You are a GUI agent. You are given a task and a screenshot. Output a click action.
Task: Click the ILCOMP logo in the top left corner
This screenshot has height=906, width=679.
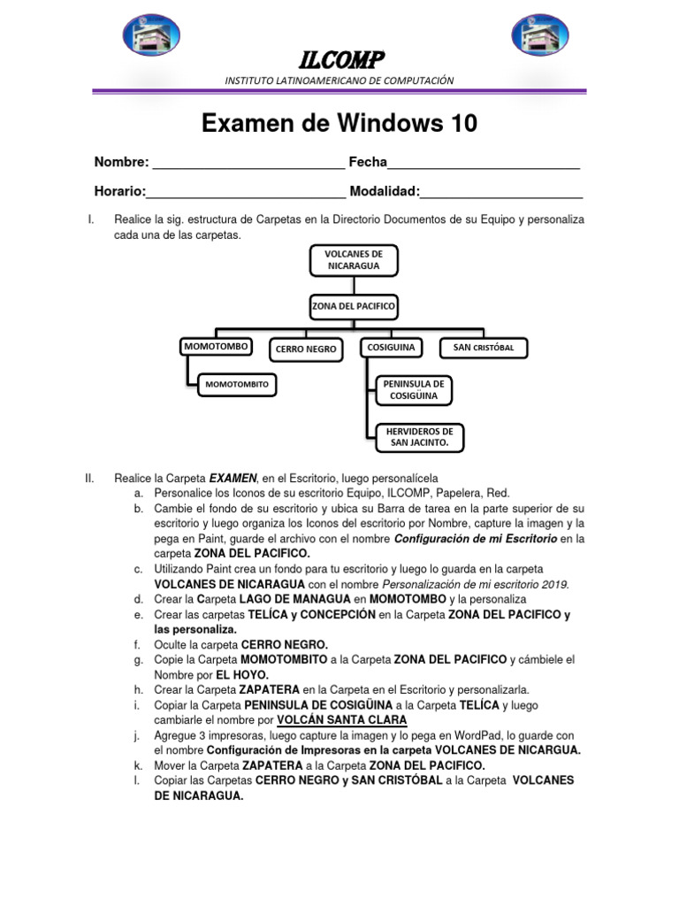151,35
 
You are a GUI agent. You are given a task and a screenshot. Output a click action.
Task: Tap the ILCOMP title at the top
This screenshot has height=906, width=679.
340,60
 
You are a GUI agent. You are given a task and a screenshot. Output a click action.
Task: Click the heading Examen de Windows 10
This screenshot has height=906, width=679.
339,123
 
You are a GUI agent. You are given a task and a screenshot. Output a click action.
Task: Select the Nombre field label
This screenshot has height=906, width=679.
121,162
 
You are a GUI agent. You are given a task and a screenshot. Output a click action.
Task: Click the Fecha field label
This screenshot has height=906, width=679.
368,162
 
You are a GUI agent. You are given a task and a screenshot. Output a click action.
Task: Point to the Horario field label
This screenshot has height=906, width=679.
119,191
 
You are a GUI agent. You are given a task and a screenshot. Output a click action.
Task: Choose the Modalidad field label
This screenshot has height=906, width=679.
385,191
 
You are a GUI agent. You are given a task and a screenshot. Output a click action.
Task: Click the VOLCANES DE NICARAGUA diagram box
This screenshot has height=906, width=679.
354,259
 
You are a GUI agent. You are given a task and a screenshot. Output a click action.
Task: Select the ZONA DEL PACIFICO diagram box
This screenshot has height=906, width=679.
354,306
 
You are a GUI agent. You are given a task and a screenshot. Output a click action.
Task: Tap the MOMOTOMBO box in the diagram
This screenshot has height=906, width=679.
216,347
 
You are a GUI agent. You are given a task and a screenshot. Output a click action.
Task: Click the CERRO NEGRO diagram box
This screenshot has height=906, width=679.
306,349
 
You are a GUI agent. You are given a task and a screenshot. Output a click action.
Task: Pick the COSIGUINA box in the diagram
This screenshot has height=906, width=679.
391,347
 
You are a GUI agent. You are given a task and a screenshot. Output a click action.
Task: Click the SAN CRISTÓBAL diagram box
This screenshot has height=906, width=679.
489,348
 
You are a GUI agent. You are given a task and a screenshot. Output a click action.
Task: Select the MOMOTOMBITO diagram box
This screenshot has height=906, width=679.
237,384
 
